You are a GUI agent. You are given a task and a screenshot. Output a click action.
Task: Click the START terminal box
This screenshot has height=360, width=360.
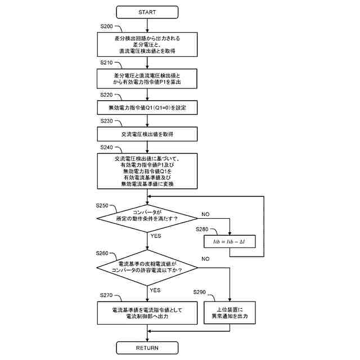pos(147,12)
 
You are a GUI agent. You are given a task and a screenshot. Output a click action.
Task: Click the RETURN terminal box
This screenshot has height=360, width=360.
pos(147,348)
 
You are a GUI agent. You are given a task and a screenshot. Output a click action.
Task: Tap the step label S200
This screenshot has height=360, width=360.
pos(106,26)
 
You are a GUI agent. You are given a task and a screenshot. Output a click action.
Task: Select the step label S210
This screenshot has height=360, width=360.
pos(106,62)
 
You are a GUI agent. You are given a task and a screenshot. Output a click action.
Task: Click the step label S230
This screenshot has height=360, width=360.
pos(106,121)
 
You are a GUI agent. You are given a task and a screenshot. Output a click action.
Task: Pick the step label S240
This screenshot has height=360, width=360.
pos(106,147)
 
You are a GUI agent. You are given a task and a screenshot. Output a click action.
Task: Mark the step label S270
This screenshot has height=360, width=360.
pos(106,295)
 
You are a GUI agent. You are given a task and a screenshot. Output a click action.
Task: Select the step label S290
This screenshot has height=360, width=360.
pos(200,292)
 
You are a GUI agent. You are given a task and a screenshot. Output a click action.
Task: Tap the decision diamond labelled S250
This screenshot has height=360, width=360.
pos(147,218)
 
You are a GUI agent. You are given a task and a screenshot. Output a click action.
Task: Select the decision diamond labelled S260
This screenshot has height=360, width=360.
pos(147,266)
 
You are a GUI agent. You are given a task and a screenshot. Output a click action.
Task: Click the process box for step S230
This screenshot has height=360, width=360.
pos(147,134)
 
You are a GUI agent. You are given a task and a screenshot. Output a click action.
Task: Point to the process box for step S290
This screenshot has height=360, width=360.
pos(231,313)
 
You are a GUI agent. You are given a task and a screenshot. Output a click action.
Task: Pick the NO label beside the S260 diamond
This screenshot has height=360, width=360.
pos(205,259)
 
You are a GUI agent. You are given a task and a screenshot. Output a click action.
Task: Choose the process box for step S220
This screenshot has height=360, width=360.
pos(147,107)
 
